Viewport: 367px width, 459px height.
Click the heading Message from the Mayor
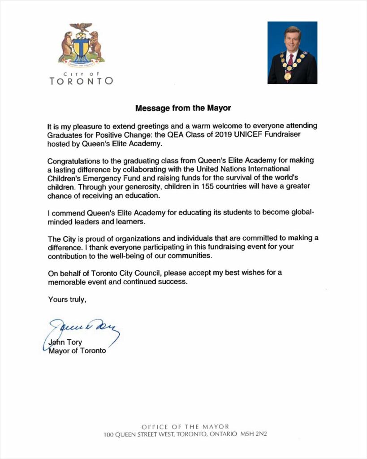click(183, 108)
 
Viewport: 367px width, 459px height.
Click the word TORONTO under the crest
click(81, 81)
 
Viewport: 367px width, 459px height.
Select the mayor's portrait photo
click(292, 52)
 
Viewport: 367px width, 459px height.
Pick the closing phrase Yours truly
click(67, 300)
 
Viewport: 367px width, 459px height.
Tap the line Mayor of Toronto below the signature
click(77, 351)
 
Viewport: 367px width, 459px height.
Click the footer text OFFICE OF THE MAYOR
click(185, 427)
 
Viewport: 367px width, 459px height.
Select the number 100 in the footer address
click(109, 434)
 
